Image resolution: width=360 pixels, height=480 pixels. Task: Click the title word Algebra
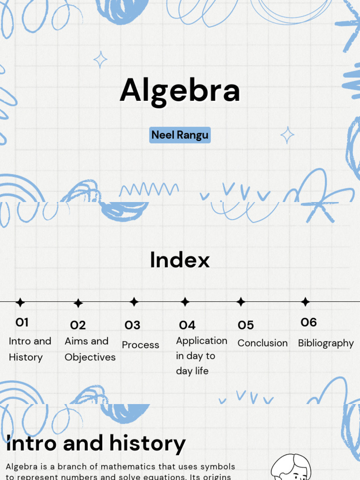click(180, 90)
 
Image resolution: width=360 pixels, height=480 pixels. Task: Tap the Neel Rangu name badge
click(180, 135)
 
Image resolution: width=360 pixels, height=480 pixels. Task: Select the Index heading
click(180, 260)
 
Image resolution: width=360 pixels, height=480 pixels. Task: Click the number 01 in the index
click(22, 322)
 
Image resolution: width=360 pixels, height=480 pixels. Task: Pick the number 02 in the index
click(78, 325)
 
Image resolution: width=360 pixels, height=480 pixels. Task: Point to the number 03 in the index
click(132, 325)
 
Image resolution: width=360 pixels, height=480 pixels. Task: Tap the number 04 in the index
click(187, 325)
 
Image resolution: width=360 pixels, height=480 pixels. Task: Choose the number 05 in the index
click(246, 325)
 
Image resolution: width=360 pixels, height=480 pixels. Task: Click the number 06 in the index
click(308, 322)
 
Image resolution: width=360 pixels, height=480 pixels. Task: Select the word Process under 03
click(141, 345)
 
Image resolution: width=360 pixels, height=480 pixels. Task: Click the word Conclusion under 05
click(262, 343)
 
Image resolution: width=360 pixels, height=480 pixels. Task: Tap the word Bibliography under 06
click(326, 343)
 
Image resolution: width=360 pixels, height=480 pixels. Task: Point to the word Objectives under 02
click(90, 357)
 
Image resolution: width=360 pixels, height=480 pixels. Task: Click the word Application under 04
click(202, 341)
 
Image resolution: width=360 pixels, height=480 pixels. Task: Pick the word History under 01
click(26, 357)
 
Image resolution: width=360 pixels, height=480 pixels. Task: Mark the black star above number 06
click(305, 302)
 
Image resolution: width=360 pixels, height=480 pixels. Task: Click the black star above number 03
click(134, 302)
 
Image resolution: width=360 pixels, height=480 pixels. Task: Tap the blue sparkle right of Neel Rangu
click(287, 135)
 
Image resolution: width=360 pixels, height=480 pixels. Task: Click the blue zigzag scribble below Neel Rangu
click(149, 189)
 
